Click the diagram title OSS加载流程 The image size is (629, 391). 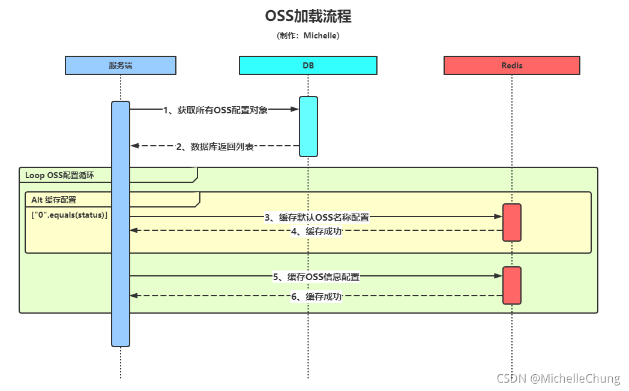[308, 16]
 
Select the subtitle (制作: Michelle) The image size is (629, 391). [308, 36]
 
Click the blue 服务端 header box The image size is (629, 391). [121, 65]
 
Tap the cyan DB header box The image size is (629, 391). [308, 65]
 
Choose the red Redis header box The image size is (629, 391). [512, 65]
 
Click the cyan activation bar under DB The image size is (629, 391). [308, 126]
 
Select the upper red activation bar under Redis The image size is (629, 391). [512, 222]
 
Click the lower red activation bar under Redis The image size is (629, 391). [512, 285]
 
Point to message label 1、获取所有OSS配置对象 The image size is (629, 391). [215, 110]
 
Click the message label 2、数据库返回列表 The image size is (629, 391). [214, 146]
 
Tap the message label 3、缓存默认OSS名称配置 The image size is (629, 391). [317, 218]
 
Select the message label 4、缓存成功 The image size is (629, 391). [316, 231]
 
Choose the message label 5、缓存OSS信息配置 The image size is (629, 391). [316, 276]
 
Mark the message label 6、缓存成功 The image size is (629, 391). [316, 296]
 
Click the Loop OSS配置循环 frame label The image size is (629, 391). [59, 175]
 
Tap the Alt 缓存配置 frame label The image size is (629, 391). [54, 200]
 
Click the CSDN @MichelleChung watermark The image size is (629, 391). [558, 378]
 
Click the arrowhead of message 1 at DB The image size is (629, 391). [295, 109]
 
